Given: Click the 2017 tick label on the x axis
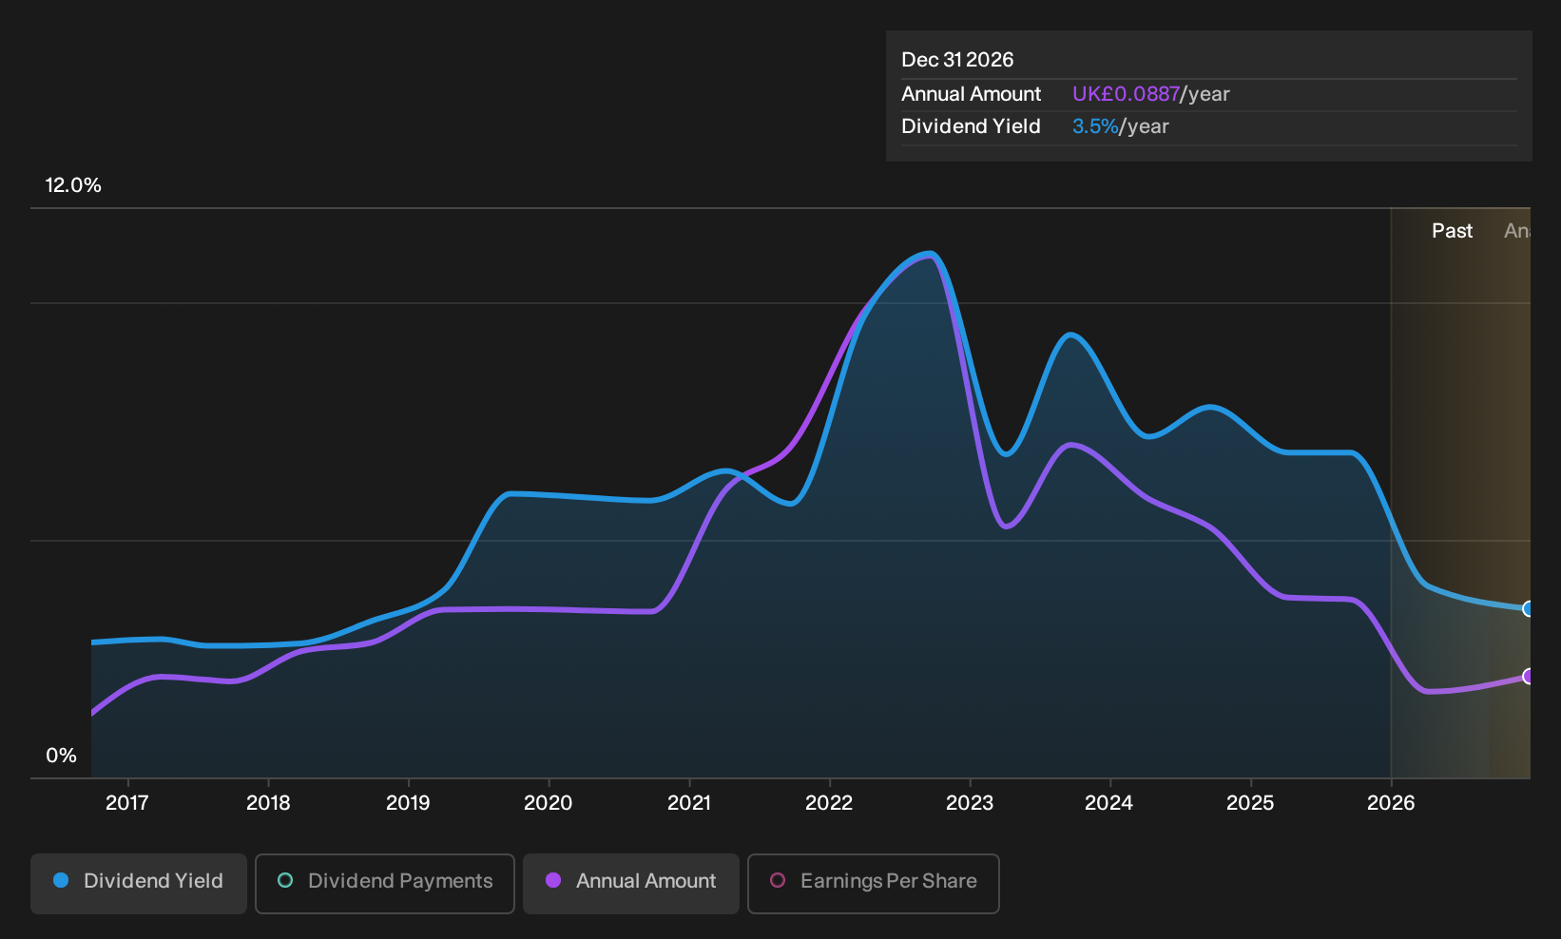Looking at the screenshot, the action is point(126,802).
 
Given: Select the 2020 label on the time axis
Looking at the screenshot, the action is point(548,802).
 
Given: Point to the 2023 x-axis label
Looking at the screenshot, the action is point(970,802).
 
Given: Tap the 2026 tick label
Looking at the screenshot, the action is point(1391,802).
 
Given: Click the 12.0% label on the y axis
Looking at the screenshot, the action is point(73,185).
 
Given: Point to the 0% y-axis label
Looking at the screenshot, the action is point(62,756).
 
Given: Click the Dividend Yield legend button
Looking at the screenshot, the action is point(139,883).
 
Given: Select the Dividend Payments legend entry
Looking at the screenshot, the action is point(385,883).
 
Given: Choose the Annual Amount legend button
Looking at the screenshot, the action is point(630,883).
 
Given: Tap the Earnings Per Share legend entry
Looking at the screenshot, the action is point(873,883).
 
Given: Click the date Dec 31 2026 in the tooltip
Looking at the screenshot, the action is point(956,60).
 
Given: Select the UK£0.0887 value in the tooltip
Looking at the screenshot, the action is point(1126,94).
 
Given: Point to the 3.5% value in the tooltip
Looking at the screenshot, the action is point(1095,126).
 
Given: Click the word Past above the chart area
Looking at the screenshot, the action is point(1452,231).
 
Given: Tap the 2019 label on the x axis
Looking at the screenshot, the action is point(408,802).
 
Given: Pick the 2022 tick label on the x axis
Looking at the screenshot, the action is point(829,802).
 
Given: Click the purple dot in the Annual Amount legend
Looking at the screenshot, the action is point(552,880).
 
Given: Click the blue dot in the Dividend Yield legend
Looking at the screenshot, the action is point(62,880).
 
